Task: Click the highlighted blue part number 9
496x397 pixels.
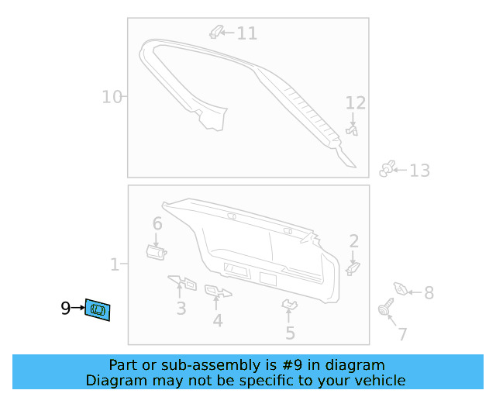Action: click(98, 309)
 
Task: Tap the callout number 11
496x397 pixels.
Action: click(246, 33)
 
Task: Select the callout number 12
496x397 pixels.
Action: click(355, 103)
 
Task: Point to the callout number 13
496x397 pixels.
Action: click(419, 171)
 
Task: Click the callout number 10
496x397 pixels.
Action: click(112, 97)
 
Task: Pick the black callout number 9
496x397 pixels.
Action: click(65, 308)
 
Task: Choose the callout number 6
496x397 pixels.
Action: click(157, 223)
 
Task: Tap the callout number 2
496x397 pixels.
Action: click(354, 241)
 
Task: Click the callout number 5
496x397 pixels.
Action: click(290, 333)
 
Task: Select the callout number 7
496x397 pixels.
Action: click(402, 334)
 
